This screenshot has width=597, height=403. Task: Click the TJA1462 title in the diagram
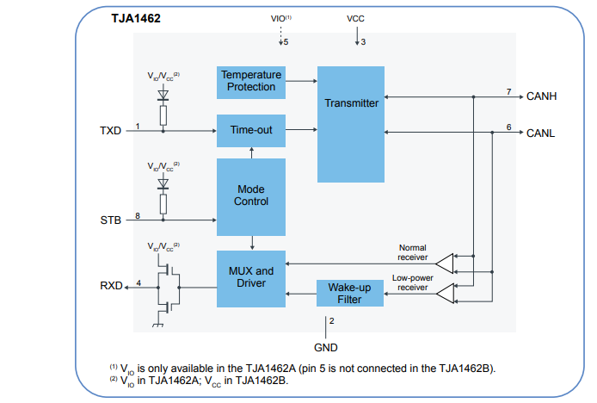pyautogui.click(x=135, y=17)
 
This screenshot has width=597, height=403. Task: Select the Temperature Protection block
pyautogui.click(x=250, y=81)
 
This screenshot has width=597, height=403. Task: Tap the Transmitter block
pyautogui.click(x=351, y=103)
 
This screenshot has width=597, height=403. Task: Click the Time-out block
pyautogui.click(x=250, y=130)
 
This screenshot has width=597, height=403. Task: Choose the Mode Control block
pyautogui.click(x=250, y=195)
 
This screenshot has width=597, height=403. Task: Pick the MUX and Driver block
pyautogui.click(x=250, y=277)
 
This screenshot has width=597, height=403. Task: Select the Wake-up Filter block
pyautogui.click(x=349, y=293)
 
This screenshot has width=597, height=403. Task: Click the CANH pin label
pyautogui.click(x=541, y=96)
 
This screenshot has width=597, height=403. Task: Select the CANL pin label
pyautogui.click(x=541, y=133)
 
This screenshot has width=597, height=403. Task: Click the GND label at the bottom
pyautogui.click(x=326, y=347)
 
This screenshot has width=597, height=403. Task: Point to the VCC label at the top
pyautogui.click(x=356, y=17)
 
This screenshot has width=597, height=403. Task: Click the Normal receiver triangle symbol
pyautogui.click(x=445, y=261)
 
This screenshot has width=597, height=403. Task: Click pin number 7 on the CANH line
pyautogui.click(x=508, y=91)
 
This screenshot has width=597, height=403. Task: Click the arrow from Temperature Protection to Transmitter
pyautogui.click(x=300, y=81)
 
